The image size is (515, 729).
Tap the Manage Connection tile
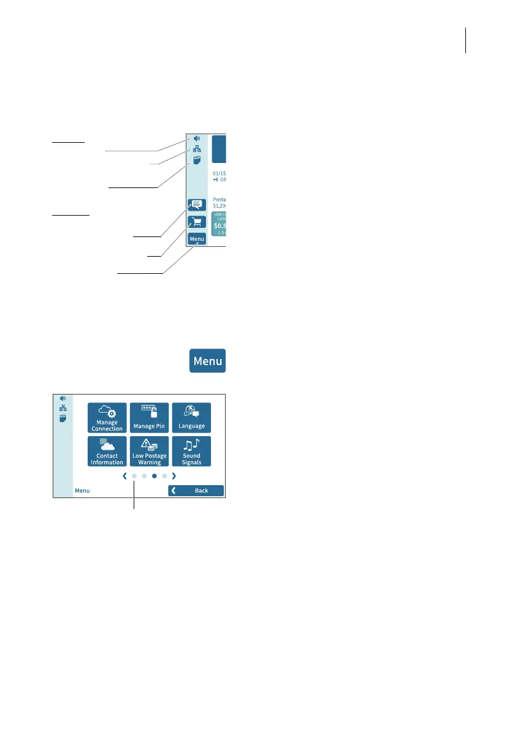[107, 417]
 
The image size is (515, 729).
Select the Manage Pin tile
[149, 417]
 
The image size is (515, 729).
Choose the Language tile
[191, 417]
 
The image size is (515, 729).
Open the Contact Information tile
[107, 451]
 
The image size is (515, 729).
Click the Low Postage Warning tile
[149, 451]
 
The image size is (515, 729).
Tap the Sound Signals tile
[191, 451]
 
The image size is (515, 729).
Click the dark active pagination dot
[154, 475]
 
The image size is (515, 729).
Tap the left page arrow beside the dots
[124, 475]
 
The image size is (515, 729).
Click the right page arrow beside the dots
[174, 475]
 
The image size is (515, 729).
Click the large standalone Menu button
[207, 361]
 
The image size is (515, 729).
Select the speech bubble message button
[197, 205]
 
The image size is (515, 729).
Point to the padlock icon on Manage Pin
[154, 413]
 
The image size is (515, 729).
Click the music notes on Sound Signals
[191, 445]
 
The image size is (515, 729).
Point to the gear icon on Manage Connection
[112, 414]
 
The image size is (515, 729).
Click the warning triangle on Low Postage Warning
[145, 445]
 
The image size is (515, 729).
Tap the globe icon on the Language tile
[189, 410]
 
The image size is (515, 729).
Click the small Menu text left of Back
[82, 491]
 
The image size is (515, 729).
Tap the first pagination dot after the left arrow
[134, 475]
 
